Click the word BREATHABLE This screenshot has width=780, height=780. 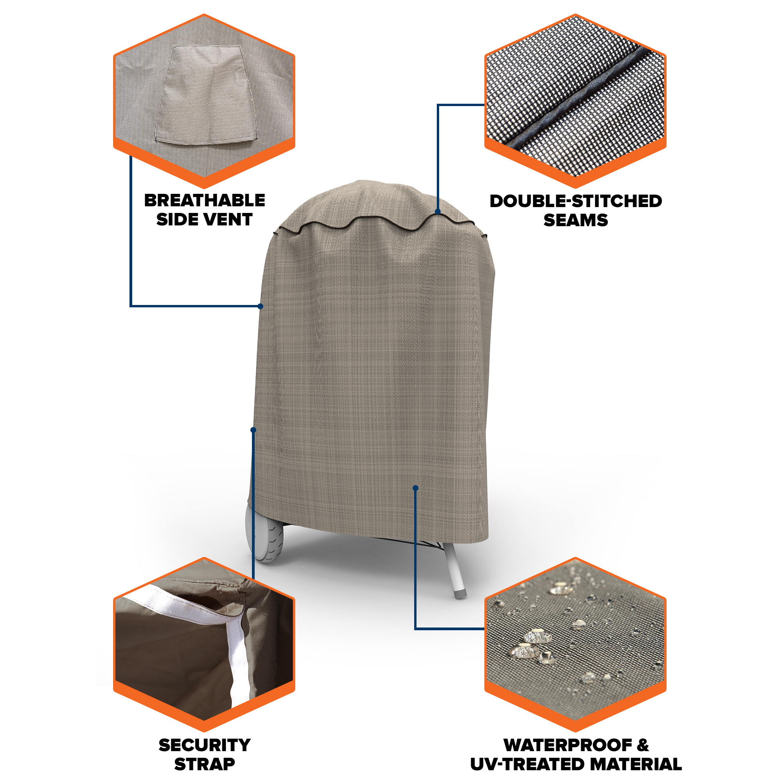[x=204, y=200]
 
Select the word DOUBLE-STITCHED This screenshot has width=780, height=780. [x=576, y=201]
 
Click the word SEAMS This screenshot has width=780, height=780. [x=576, y=220]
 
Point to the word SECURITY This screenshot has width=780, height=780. [x=205, y=745]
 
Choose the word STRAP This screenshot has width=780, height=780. [x=205, y=764]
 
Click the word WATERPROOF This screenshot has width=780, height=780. [x=568, y=745]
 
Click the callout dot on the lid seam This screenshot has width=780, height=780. [x=438, y=211]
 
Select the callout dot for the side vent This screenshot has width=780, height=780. [x=261, y=307]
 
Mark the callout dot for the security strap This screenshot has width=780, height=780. [x=253, y=430]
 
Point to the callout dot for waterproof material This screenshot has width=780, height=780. [x=415, y=488]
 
